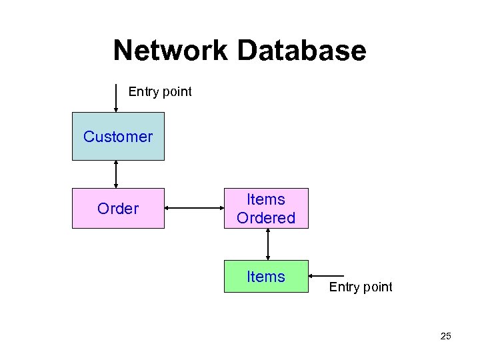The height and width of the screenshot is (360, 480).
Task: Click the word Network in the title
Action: (171, 51)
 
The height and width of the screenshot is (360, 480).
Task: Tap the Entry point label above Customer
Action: (160, 92)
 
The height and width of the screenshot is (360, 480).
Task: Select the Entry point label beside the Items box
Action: (361, 287)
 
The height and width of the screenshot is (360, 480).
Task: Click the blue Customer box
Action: (118, 137)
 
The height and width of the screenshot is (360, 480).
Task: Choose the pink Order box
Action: (118, 209)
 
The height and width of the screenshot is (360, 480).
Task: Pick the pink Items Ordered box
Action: (266, 209)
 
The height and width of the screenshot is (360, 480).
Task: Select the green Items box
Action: (266, 277)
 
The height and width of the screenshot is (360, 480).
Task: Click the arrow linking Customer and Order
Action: (117, 175)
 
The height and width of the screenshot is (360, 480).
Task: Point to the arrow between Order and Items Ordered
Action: (194, 209)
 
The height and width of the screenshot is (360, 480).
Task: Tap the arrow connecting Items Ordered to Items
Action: (267, 245)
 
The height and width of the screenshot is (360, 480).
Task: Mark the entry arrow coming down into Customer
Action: (116, 98)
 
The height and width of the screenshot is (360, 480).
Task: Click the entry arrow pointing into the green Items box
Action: (327, 276)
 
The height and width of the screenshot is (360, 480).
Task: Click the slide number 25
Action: (445, 337)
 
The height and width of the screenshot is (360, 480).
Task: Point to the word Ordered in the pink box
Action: (266, 218)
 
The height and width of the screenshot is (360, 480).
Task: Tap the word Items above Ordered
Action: (266, 199)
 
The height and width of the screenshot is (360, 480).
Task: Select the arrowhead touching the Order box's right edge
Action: (167, 209)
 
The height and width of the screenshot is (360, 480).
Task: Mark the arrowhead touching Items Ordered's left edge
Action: (221, 209)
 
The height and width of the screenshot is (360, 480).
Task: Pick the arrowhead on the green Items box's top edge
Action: (267, 257)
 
